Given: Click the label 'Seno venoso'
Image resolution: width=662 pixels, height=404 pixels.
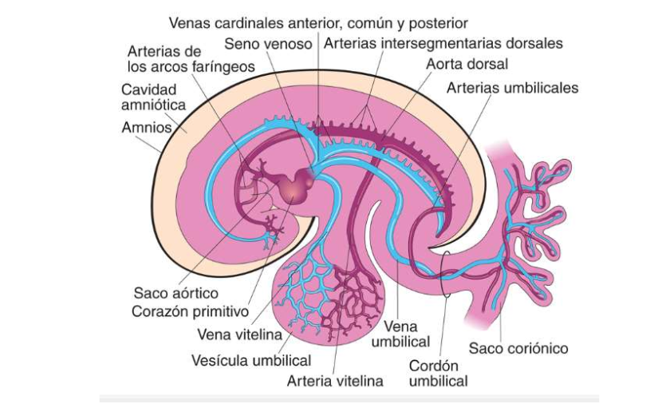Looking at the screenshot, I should point(268,44).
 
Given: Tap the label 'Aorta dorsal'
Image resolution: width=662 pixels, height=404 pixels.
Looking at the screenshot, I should point(467,63).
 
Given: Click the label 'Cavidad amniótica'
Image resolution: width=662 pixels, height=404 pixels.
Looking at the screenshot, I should point(154,97).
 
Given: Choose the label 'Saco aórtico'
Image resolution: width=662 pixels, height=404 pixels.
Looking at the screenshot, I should point(176,293).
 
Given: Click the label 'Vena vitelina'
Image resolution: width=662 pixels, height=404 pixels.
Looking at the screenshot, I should point(236,334).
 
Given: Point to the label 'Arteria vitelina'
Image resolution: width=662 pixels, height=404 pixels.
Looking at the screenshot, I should point(335,380).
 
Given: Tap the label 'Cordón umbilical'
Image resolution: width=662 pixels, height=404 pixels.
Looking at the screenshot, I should point(438,373).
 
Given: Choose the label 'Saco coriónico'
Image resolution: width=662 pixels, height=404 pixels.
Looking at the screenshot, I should point(518,348).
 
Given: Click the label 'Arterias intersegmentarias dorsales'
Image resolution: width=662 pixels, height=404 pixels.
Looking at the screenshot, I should point(443,43).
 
